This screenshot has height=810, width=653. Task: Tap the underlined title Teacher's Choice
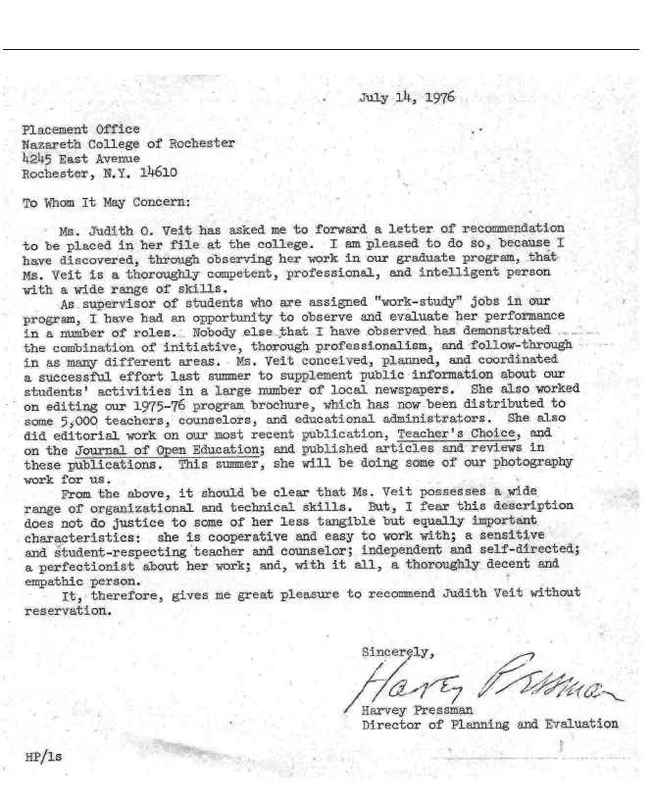pyautogui.click(x=465, y=432)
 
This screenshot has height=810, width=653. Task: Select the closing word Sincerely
pyautogui.click(x=391, y=651)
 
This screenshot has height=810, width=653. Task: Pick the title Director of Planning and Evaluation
pyautogui.click(x=489, y=726)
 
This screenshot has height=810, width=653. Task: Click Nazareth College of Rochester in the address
pyautogui.click(x=128, y=143)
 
